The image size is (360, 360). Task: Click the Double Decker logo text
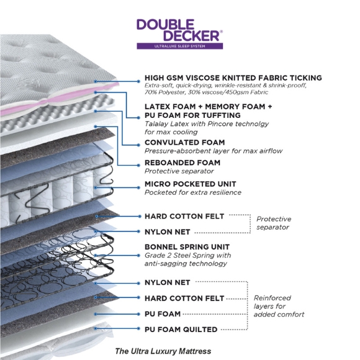pyautogui.click(x=179, y=30)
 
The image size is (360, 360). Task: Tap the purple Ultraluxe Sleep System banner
pyautogui.click(x=180, y=46)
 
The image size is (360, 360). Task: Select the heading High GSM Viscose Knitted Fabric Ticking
pyautogui.click(x=233, y=78)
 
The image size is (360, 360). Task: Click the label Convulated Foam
pyautogui.click(x=184, y=142)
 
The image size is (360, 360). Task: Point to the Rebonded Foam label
pyautogui.click(x=182, y=163)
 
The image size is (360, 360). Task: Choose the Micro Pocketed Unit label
pyautogui.click(x=191, y=184)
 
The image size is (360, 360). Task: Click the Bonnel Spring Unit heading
pyautogui.click(x=187, y=247)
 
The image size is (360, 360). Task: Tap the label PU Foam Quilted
pyautogui.click(x=181, y=330)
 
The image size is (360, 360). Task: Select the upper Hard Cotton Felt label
pyautogui.click(x=184, y=216)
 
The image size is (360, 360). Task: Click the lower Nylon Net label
pyautogui.click(x=168, y=282)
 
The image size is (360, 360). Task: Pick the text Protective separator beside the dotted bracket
pyautogui.click(x=274, y=223)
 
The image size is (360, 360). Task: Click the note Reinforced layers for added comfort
pyautogui.click(x=279, y=306)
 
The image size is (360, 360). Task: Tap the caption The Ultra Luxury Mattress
pyautogui.click(x=163, y=351)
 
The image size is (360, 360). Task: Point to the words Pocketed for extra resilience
pyautogui.click(x=193, y=192)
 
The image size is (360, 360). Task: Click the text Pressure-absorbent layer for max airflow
pyautogui.click(x=214, y=151)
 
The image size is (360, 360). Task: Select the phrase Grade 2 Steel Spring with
pyautogui.click(x=188, y=255)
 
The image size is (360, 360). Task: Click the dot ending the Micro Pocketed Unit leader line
pyautogui.click(x=138, y=187)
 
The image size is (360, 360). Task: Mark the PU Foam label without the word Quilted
pyautogui.click(x=163, y=314)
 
